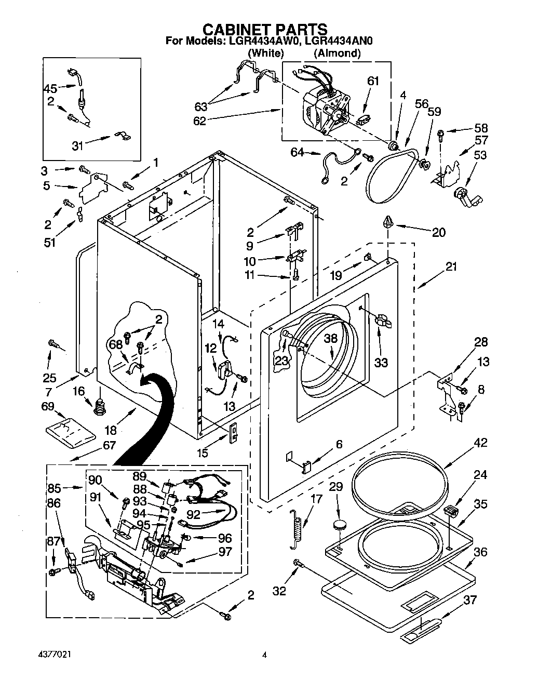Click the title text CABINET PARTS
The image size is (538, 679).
coord(264,29)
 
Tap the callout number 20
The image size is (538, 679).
coord(439,232)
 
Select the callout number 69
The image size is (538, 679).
coord(48,406)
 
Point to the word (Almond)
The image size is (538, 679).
coord(337,52)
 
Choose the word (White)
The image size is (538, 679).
coord(265,52)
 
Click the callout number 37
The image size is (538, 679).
coord(469,600)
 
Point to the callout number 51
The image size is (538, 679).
coord(50,243)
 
